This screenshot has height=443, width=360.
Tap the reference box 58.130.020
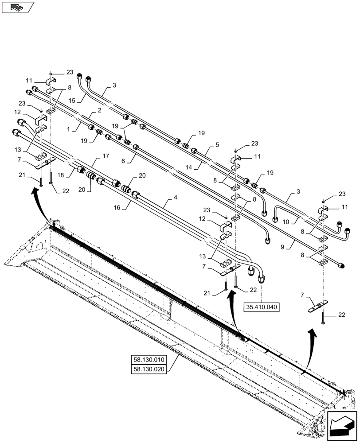tap(149, 369)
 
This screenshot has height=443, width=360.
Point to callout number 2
tap(100, 110)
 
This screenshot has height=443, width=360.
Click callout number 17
tap(106, 155)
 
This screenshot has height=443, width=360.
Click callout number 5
tap(217, 144)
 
